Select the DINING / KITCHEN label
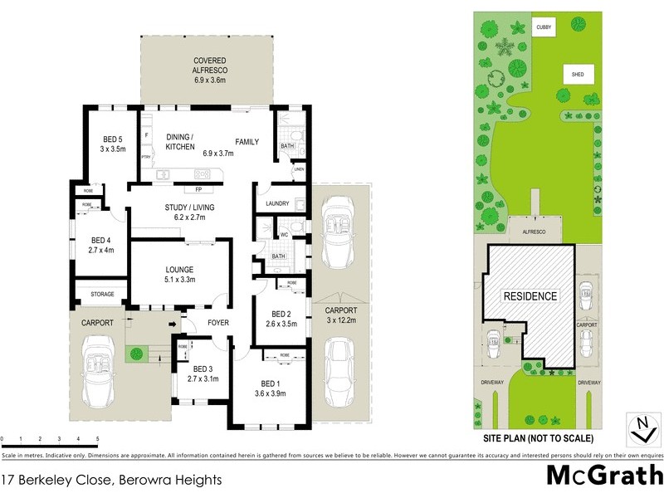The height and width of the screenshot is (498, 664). (x=180, y=142)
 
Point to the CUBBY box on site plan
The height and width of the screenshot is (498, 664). (x=544, y=27)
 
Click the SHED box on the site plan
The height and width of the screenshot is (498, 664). (x=578, y=74)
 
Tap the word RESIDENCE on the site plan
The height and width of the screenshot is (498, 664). (x=530, y=295)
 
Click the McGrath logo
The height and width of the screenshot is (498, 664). (x=603, y=476)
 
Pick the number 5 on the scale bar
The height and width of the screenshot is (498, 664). (x=97, y=438)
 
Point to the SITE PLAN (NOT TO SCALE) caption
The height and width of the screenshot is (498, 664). (x=535, y=437)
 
